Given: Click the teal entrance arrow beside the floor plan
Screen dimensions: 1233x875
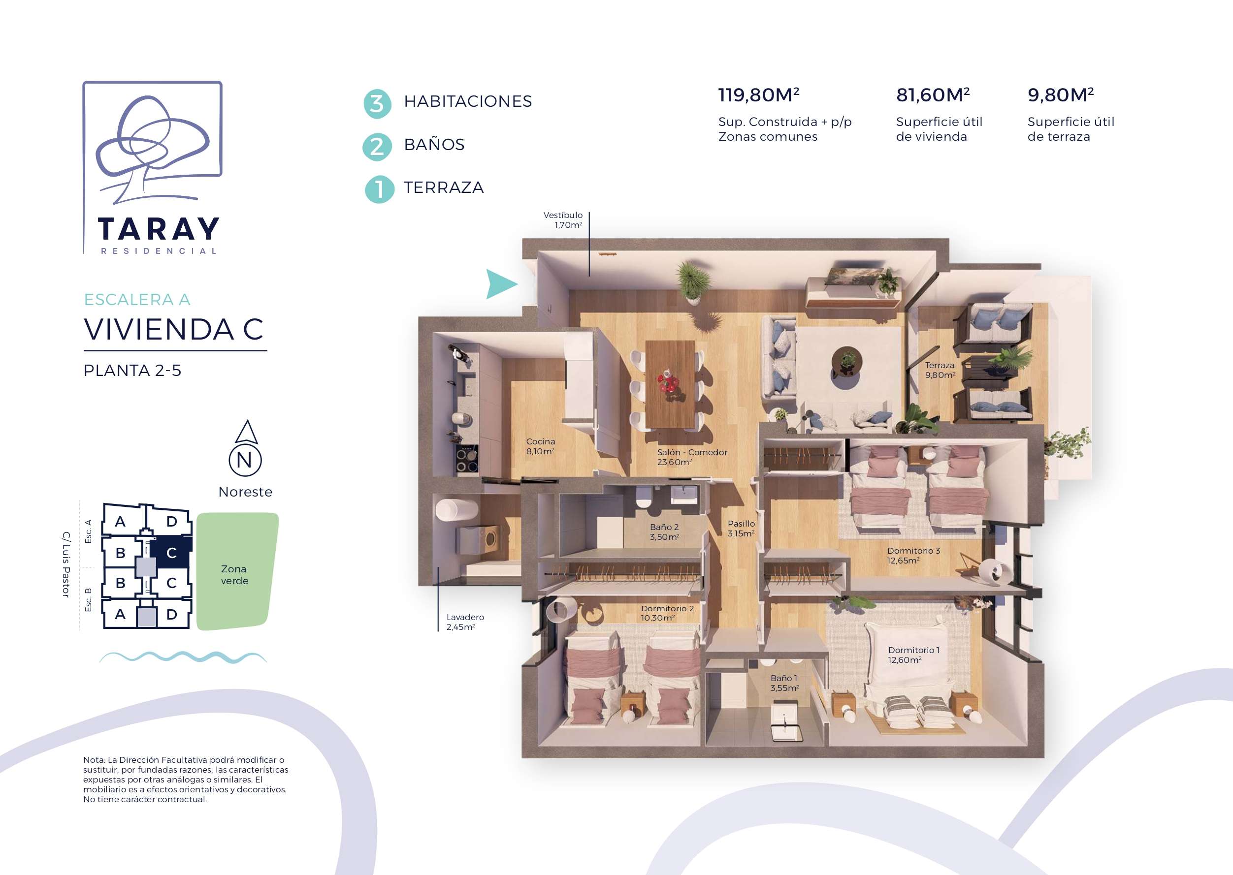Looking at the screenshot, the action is point(499,284).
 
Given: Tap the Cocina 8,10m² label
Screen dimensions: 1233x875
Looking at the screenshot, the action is point(540,446).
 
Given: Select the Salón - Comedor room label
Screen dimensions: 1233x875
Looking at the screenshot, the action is point(692,457).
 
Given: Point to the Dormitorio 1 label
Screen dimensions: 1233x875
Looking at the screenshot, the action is point(913,655).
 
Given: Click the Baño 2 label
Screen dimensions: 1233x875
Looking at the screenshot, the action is point(664,532).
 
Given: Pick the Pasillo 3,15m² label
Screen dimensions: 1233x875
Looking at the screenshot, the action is point(741,528).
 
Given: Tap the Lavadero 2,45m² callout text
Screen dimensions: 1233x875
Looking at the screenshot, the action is point(465,622).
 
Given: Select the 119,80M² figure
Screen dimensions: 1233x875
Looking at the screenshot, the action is point(758,95).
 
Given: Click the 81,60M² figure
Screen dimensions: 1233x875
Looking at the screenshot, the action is point(933,95).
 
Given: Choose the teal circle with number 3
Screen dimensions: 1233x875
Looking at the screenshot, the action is point(377,103).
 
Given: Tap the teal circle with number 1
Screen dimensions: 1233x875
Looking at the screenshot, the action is point(380,189).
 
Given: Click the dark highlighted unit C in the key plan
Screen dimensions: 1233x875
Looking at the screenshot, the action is point(170,552).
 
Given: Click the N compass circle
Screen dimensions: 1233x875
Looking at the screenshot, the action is point(245,460).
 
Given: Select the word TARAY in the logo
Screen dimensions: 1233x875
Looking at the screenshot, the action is point(159,229).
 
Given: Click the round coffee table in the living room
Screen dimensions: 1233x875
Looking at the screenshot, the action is point(846,362).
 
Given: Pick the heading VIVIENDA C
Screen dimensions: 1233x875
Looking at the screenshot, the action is point(174,329).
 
